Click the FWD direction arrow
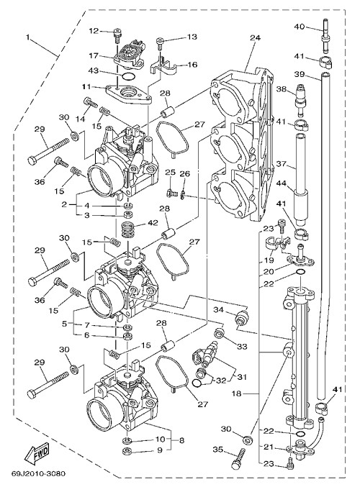click(37, 453)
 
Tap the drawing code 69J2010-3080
click(39, 474)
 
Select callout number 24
click(255, 37)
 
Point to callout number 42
click(153, 223)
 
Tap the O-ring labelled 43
click(128, 76)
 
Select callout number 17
click(94, 55)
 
